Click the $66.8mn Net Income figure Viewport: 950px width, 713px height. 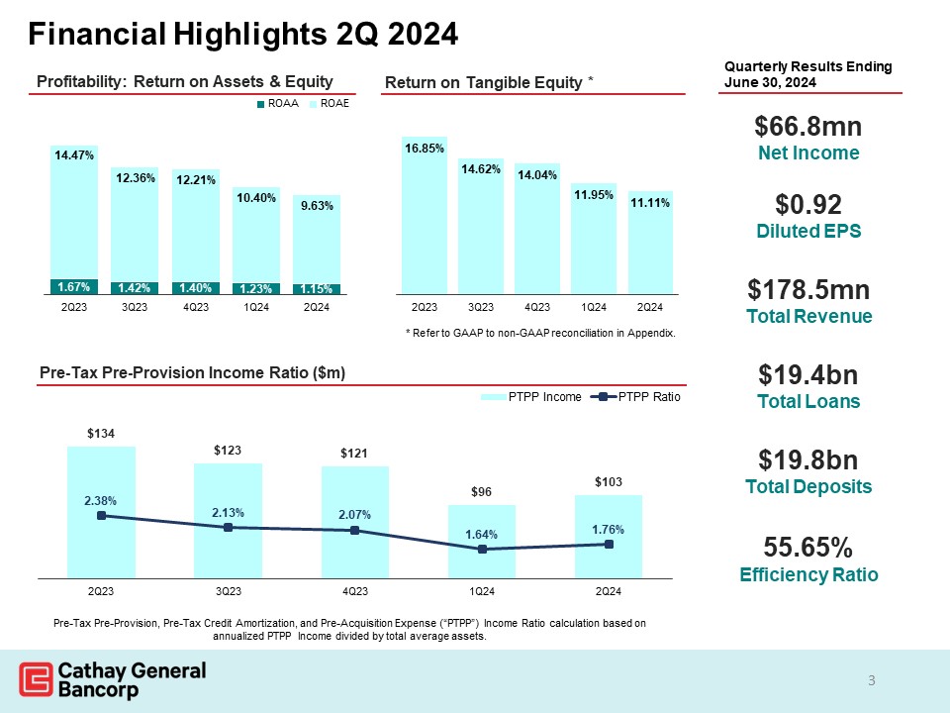tap(807, 127)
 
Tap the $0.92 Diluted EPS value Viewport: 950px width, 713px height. tap(807, 205)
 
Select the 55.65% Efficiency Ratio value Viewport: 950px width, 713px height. tap(807, 548)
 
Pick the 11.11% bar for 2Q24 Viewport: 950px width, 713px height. tap(650, 243)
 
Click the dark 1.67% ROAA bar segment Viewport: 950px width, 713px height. tap(75, 287)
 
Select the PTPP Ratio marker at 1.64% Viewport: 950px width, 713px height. tap(482, 549)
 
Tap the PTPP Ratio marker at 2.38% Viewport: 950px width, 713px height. tap(100, 515)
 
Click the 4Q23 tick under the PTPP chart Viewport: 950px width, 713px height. tap(354, 592)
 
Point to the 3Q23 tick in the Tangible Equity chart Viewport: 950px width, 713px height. tap(481, 308)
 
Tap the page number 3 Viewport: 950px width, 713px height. tap(872, 680)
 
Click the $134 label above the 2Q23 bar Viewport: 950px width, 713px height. tap(100, 434)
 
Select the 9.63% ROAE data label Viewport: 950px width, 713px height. tap(317, 206)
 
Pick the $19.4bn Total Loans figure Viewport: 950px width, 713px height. tap(807, 375)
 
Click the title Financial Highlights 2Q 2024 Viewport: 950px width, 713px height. tap(243, 36)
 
